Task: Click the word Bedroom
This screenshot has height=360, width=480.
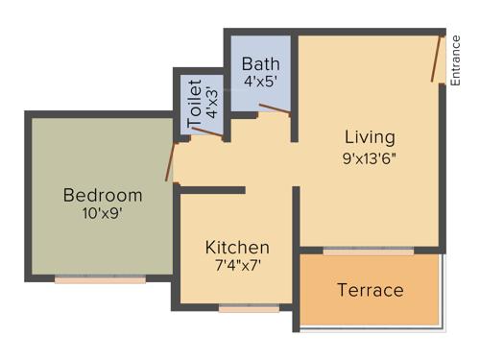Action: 102,196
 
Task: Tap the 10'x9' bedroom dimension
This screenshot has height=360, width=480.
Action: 102,213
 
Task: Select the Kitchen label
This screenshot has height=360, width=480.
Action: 237,248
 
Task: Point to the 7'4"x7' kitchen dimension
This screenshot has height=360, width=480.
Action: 237,265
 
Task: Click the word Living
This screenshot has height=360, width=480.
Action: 370,137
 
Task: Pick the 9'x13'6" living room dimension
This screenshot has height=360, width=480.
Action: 370,157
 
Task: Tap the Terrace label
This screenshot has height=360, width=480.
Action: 370,290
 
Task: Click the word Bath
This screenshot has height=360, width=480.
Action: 260,64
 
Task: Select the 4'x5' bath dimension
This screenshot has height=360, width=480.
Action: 260,82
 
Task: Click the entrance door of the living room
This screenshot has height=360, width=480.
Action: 438,60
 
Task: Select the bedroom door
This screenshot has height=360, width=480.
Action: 173,162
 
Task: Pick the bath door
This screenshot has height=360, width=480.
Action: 275,107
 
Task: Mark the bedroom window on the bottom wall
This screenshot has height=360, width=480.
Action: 100,279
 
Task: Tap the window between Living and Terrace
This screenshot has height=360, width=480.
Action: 369,252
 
